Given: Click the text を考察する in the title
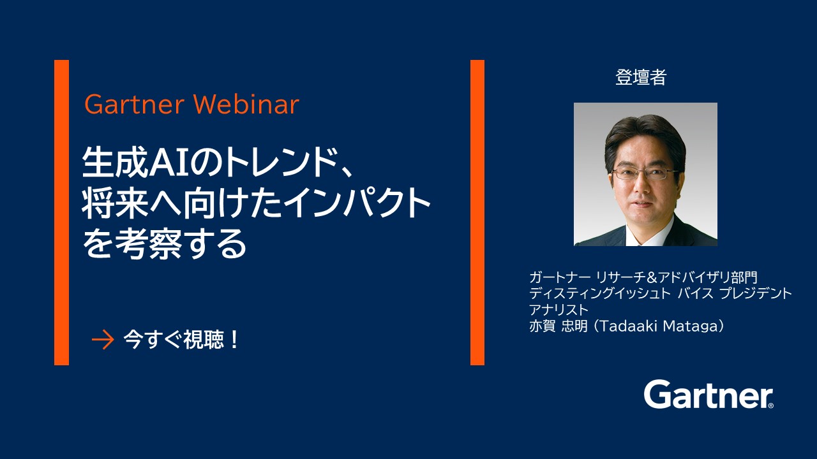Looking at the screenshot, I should tap(164, 244).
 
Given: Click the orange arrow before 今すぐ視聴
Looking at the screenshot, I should tap(102, 340).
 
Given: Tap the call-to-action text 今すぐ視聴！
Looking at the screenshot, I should tap(182, 340).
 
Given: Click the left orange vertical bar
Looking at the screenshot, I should tap(61, 212).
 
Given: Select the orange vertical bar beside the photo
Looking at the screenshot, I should tap(477, 212).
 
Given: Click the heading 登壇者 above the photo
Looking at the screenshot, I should tap(641, 78).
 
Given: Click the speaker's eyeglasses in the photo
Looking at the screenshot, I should tap(645, 173).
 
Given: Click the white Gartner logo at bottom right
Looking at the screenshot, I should tap(708, 395).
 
